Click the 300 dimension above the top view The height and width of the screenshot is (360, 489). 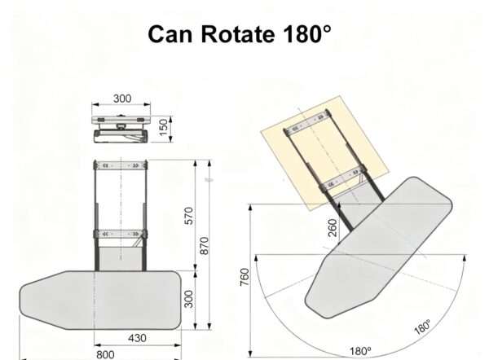point(121,99)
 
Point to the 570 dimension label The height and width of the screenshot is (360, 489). point(190,216)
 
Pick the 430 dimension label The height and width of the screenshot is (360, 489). point(137,337)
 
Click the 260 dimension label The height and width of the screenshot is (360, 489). point(332,227)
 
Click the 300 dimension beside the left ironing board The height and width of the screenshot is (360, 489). point(190,298)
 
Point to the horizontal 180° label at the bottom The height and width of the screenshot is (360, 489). point(360,351)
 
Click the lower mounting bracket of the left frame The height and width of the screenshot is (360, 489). point(121,235)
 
